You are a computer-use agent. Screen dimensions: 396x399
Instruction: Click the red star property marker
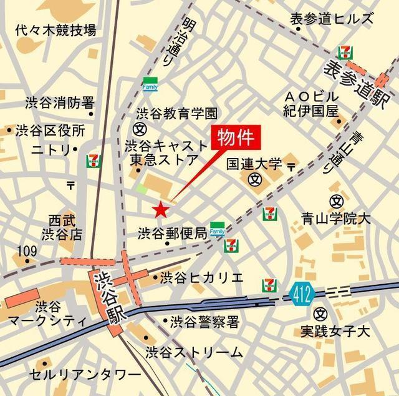(x=161, y=209)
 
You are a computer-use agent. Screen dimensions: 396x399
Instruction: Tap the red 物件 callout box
(x=236, y=137)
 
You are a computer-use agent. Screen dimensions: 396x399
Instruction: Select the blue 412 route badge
(x=302, y=293)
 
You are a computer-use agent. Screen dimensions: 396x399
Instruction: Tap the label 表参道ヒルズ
(x=331, y=19)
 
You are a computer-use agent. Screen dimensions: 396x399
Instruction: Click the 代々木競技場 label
(x=56, y=29)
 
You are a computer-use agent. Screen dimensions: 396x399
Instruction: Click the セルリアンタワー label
(x=85, y=375)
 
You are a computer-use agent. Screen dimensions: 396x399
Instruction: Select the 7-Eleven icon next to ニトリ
(x=93, y=161)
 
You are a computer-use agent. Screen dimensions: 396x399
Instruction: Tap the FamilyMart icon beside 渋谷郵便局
(x=217, y=229)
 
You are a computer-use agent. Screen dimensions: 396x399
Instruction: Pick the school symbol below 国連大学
(x=254, y=179)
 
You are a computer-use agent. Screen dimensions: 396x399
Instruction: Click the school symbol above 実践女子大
(x=321, y=313)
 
